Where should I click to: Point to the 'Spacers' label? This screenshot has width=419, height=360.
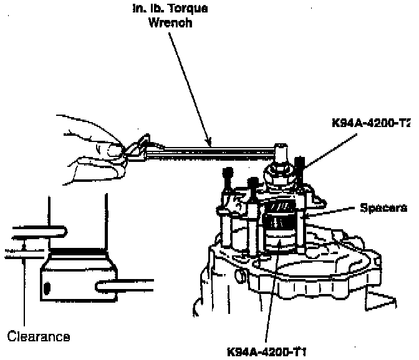point(383,208)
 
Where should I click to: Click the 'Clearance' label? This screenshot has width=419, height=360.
point(39,337)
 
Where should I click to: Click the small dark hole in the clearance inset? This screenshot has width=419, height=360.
point(47,288)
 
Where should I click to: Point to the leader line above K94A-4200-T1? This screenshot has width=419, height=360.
point(268,293)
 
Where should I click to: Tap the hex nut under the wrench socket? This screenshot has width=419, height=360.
point(281,168)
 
